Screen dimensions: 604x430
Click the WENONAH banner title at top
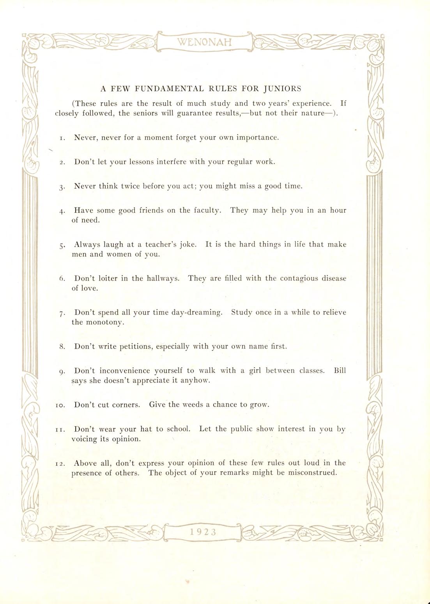coord(204,41)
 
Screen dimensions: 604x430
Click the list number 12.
coord(60,464)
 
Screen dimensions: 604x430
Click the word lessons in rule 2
coord(130,162)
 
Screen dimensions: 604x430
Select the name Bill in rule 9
coord(340,370)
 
